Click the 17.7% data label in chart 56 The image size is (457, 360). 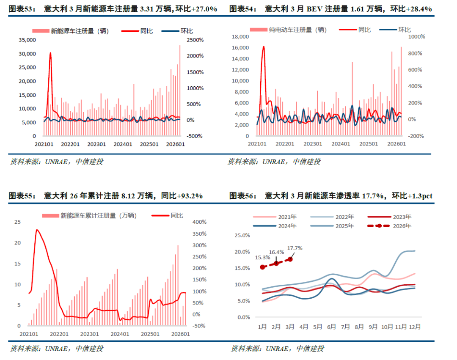(x=295, y=248)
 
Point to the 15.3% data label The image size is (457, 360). (x=262, y=257)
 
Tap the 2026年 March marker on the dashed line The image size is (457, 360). (x=290, y=259)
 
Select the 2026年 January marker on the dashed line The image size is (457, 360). (x=262, y=267)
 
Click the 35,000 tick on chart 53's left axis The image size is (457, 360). (x=28, y=40)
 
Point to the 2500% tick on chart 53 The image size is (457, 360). (x=195, y=40)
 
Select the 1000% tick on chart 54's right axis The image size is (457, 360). (x=416, y=37)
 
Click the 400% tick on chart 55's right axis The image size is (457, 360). (x=199, y=222)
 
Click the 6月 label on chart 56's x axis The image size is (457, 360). (x=332, y=327)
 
